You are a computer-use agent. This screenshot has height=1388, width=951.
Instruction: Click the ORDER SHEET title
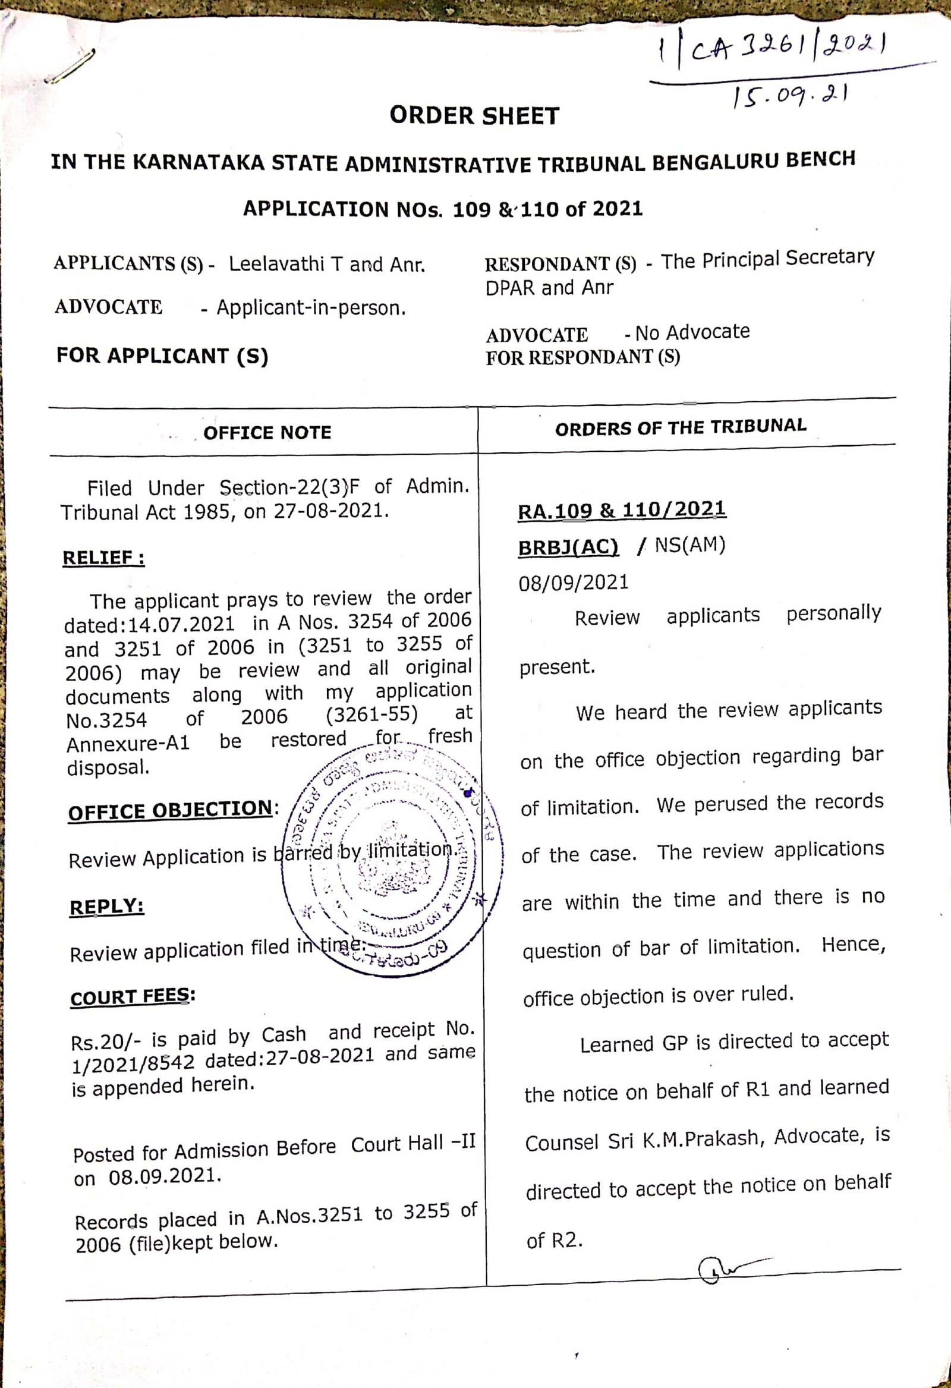click(x=474, y=115)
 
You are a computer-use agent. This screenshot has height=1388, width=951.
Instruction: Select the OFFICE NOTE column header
click(x=267, y=432)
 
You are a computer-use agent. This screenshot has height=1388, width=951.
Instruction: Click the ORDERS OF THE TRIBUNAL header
click(x=681, y=427)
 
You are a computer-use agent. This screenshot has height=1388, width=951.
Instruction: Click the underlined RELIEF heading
click(x=103, y=558)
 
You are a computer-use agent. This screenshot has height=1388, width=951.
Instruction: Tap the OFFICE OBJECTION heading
click(x=171, y=810)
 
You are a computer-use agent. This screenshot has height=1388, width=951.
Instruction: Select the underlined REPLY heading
click(x=106, y=907)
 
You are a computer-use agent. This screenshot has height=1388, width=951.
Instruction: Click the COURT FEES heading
click(x=132, y=997)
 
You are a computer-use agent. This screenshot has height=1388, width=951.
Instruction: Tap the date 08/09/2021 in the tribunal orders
click(x=574, y=583)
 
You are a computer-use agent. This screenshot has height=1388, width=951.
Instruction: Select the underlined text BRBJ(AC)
click(x=568, y=547)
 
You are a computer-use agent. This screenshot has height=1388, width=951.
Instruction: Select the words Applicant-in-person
click(x=311, y=308)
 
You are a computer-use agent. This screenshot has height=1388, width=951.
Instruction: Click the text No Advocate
click(x=692, y=332)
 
